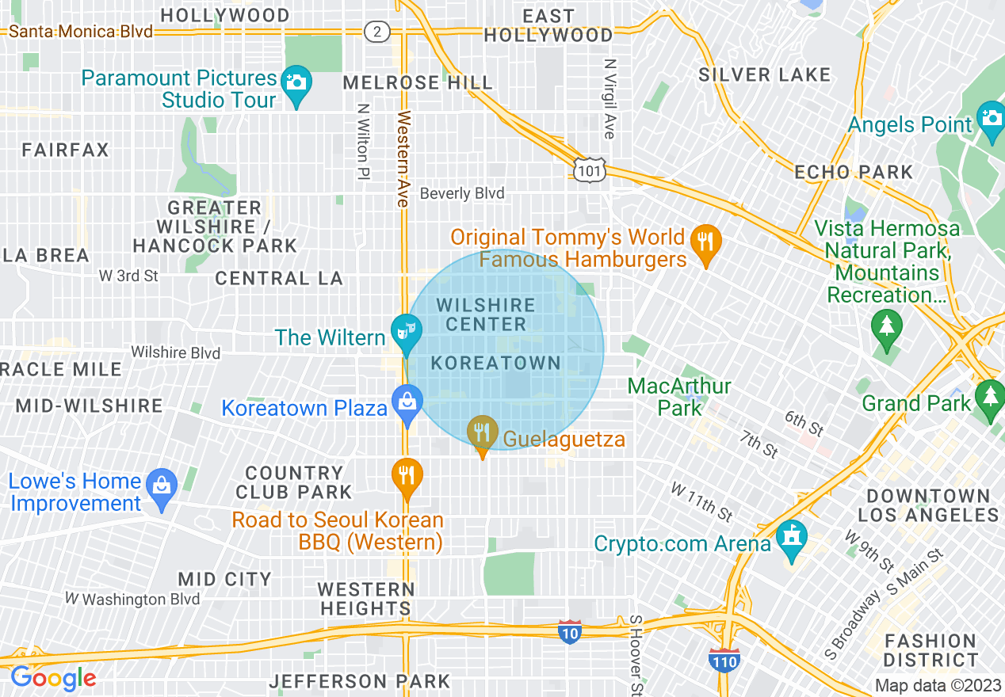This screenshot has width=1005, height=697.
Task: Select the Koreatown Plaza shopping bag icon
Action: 407,401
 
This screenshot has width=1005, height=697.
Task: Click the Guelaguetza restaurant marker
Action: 481,432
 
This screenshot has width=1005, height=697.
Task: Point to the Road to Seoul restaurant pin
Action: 407,475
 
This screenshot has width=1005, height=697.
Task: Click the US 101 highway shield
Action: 591,169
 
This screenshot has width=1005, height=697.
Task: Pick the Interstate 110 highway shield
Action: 725,661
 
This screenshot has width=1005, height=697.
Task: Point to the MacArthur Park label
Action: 679,397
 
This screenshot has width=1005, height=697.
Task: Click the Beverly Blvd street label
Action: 462,193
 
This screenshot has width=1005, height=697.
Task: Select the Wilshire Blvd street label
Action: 175,352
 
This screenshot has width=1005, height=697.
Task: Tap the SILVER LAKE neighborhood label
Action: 764,75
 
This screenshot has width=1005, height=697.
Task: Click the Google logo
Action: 53,678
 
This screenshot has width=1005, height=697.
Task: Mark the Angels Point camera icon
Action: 991,118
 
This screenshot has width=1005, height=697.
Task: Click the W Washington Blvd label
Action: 132,599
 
